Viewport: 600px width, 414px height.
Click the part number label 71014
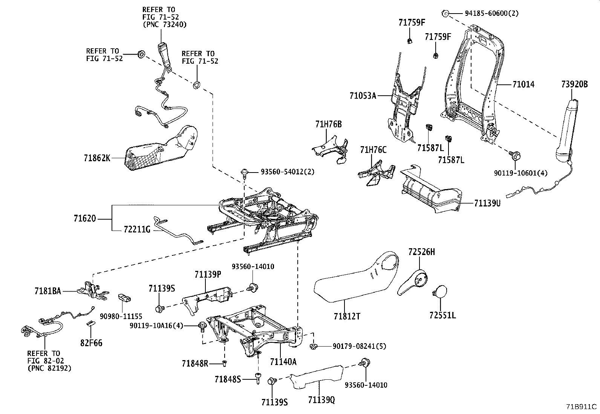tap(523, 84)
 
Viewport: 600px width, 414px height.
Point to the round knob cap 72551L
tap(440, 292)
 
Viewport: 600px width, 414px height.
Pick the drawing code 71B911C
tap(581, 407)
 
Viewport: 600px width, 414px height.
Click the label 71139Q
tap(321, 400)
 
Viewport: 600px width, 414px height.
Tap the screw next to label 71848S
tap(257, 377)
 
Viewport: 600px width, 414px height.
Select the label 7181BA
tap(47, 291)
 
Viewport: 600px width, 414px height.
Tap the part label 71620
tap(85, 218)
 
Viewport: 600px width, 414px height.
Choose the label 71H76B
tap(329, 124)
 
